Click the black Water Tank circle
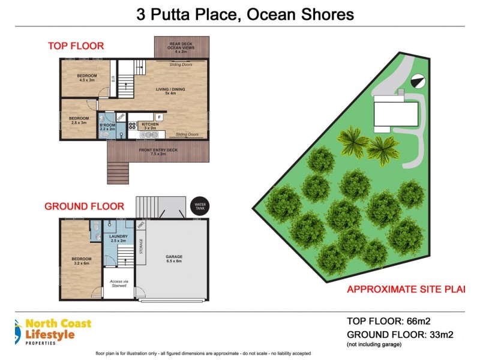point(198,206)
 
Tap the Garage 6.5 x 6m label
point(174,259)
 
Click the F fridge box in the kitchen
point(159,117)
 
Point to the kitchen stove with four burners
point(132,126)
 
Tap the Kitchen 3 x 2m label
point(149,126)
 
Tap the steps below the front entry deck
point(118,173)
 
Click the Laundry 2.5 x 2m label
point(118,238)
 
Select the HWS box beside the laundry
point(141,225)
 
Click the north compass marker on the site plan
point(417,80)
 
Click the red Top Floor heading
point(76,46)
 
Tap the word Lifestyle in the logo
point(50,334)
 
